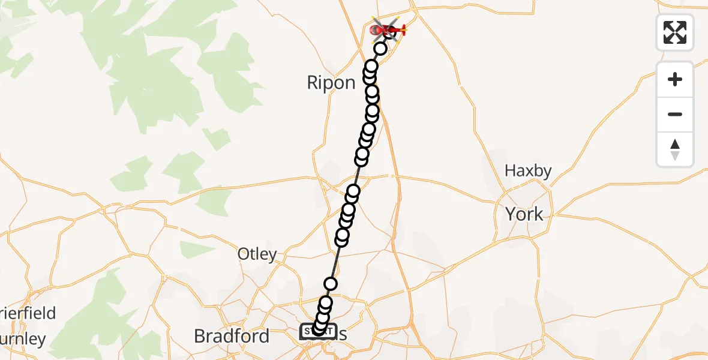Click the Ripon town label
click(331, 83)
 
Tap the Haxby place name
click(527, 171)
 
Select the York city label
click(524, 214)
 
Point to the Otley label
click(257, 254)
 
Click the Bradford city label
click(232, 336)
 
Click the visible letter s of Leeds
click(342, 335)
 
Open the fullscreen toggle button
click(675, 32)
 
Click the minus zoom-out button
click(675, 114)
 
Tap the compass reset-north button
click(675, 149)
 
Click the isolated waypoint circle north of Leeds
click(331, 284)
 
